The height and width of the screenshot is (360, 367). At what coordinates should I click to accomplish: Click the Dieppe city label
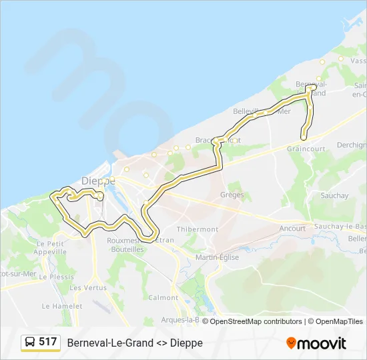98,181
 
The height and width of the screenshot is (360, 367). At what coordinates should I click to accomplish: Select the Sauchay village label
334,195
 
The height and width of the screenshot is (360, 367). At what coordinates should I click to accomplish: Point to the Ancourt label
292,228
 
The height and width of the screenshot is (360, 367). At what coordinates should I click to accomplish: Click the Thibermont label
197,229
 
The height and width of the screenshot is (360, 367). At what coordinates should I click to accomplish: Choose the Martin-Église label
217,257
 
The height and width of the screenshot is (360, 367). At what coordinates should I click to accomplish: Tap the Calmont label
163,297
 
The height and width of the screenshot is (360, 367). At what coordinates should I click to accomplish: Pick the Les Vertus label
88,287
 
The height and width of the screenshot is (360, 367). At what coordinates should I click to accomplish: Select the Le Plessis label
57,276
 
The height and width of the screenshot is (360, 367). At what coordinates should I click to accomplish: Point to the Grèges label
232,195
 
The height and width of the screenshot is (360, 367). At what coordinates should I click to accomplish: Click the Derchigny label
352,145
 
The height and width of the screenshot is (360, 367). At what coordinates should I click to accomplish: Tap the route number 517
48,342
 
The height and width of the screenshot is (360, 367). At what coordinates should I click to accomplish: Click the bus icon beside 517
30,343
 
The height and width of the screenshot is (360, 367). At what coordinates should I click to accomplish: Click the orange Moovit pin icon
291,343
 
